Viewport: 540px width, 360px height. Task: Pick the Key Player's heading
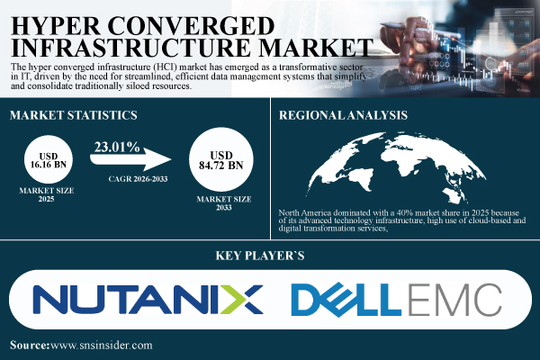tap(269, 255)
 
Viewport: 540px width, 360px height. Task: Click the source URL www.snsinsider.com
tap(102, 345)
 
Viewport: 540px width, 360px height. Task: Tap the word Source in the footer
tap(30, 345)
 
